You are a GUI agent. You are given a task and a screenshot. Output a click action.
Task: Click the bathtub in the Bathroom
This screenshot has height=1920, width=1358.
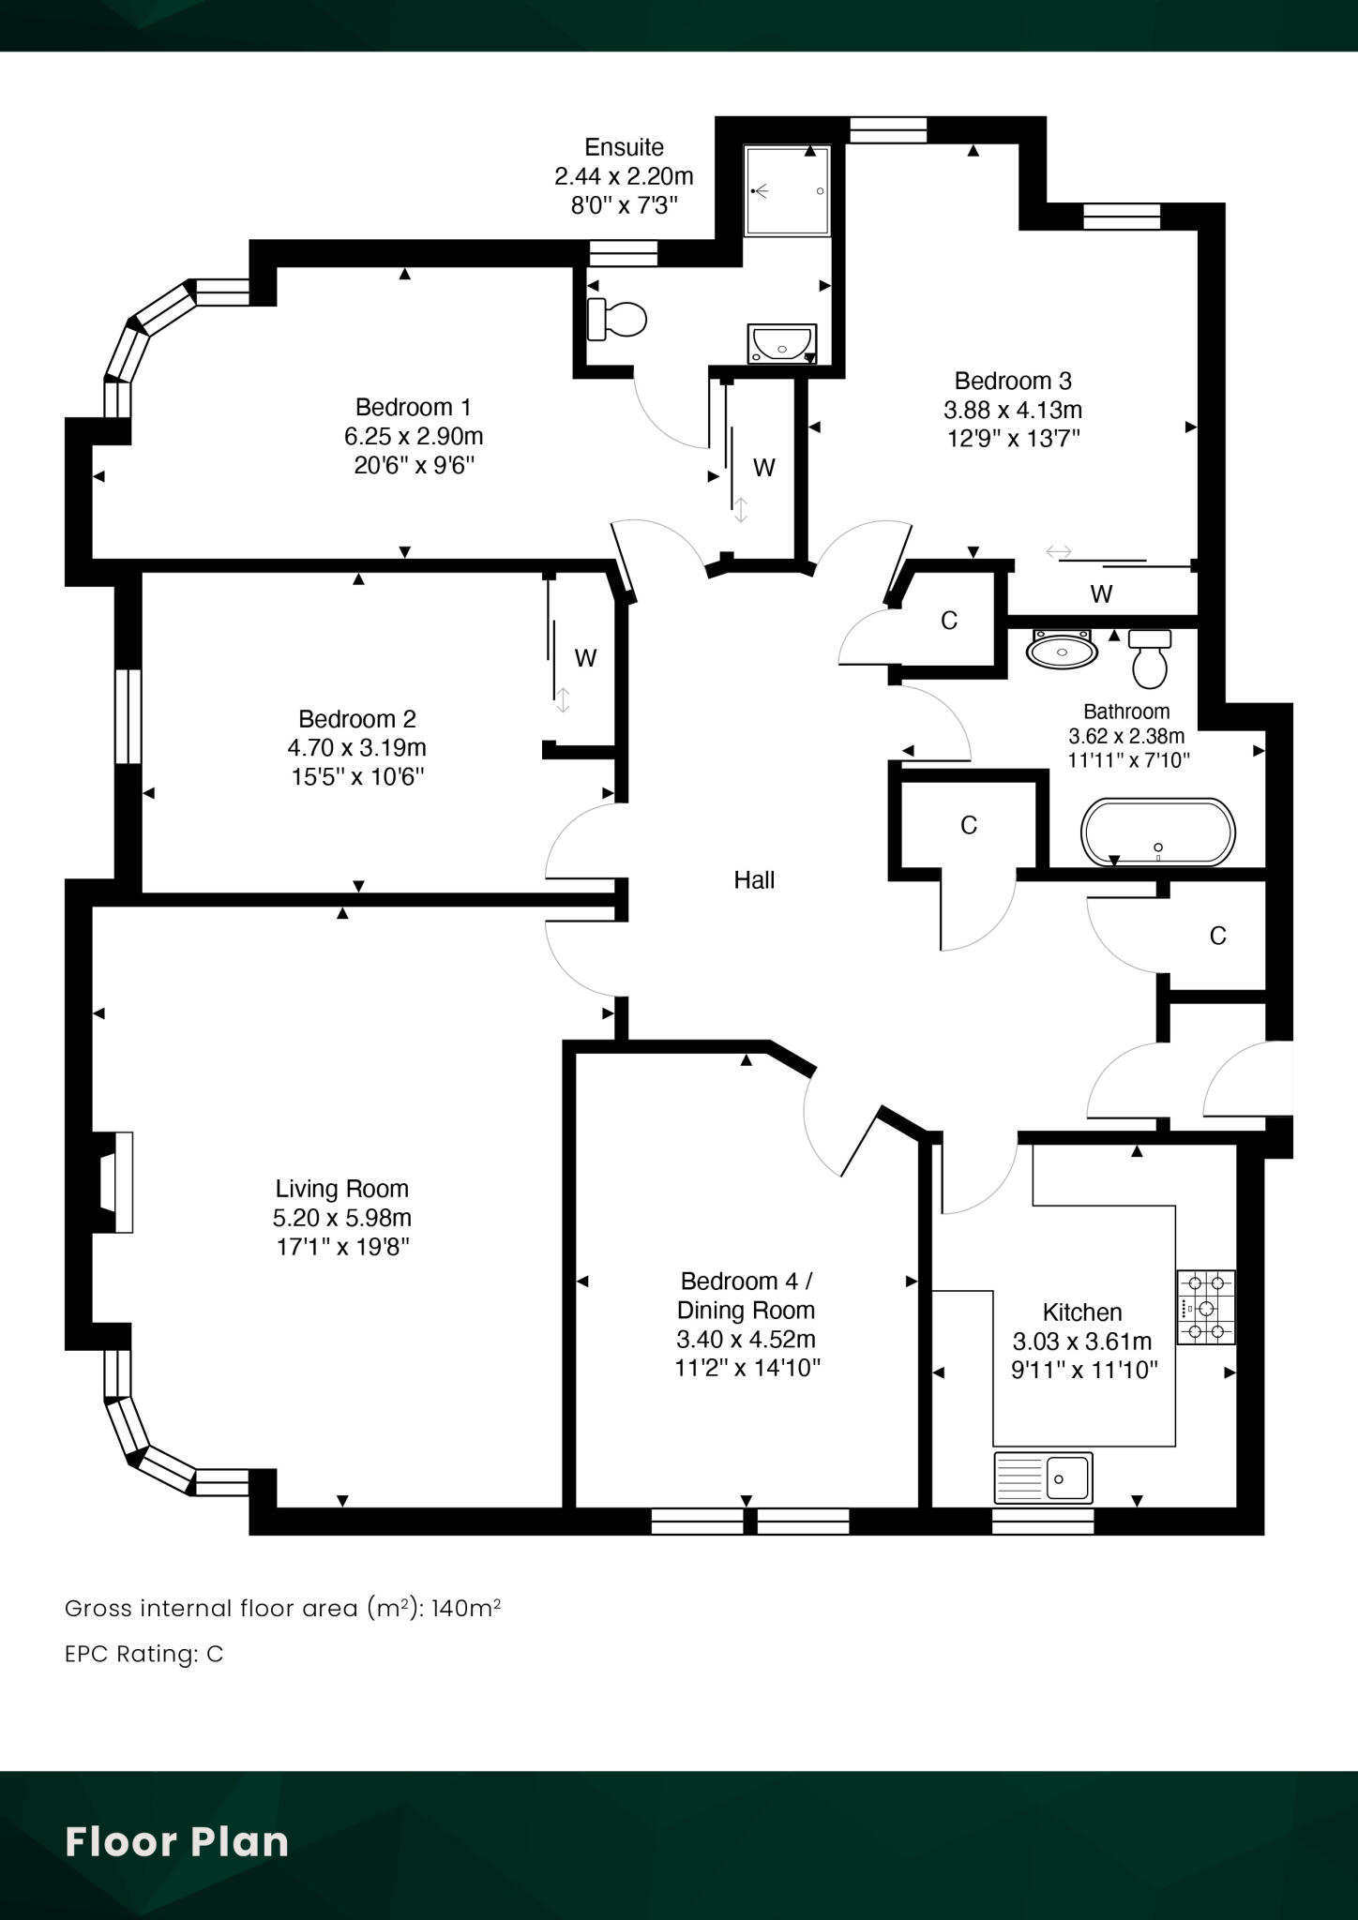point(1158,832)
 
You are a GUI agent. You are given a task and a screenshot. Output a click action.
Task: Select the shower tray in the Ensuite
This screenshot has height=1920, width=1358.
point(788,191)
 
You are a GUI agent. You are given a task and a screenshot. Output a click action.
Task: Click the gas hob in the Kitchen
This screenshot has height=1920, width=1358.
point(1206,1307)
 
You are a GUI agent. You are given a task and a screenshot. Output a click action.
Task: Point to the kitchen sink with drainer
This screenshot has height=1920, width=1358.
point(1043,1477)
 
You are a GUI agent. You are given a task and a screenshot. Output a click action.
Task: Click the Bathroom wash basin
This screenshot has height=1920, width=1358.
point(1063,648)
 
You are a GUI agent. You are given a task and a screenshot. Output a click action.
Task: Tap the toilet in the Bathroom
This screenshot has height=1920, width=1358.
point(1150,659)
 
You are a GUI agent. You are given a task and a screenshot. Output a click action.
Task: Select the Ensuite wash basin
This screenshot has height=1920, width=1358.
point(782,344)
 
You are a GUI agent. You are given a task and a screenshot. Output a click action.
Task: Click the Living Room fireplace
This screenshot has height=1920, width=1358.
point(114,1182)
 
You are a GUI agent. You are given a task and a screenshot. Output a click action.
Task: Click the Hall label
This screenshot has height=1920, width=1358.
point(754,879)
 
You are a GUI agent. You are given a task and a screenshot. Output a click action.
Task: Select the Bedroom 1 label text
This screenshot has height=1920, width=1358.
point(413,407)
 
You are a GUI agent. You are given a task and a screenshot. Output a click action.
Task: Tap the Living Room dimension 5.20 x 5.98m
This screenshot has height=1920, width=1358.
point(342,1218)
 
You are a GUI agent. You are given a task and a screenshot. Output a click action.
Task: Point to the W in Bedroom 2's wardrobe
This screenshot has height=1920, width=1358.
point(585,658)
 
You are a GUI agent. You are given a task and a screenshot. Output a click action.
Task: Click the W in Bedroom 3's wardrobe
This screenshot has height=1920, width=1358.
point(1101,593)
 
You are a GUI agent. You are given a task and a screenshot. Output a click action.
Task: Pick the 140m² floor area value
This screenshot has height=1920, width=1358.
point(466,1608)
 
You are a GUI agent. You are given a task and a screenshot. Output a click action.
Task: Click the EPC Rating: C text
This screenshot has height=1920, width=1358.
point(144,1654)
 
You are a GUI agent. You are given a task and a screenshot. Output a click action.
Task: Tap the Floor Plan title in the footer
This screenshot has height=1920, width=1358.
point(176,1841)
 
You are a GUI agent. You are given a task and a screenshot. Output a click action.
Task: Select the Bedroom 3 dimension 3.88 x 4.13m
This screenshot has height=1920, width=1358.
point(1013,410)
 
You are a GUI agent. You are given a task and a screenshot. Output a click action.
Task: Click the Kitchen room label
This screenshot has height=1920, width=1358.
point(1082,1312)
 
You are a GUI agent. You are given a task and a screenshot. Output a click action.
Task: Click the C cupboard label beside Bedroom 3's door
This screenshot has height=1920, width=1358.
point(949,621)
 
